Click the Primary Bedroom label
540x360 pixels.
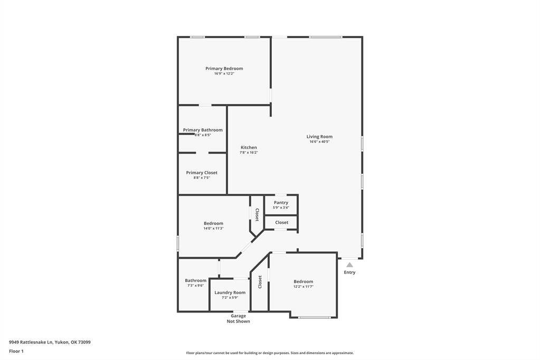pyautogui.click(x=224, y=69)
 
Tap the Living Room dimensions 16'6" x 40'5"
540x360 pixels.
pyautogui.click(x=319, y=141)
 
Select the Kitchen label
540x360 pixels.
pyautogui.click(x=249, y=147)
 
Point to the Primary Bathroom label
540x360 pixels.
pyautogui.click(x=203, y=130)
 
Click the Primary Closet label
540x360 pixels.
pyautogui.click(x=202, y=173)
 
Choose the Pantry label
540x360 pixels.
pyautogui.click(x=281, y=203)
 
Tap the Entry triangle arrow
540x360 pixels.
pyautogui.click(x=349, y=265)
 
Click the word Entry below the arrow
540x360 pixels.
pyautogui.click(x=349, y=272)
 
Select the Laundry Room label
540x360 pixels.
pyautogui.click(x=230, y=292)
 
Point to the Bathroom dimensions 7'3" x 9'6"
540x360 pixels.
pyautogui.click(x=195, y=286)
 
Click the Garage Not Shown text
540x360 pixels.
pyautogui.click(x=238, y=318)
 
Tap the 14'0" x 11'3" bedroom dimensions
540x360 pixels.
pyautogui.click(x=213, y=228)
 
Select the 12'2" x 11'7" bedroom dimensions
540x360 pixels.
pyautogui.click(x=304, y=287)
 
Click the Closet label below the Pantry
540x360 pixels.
pyautogui.click(x=282, y=222)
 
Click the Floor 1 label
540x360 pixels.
pyautogui.click(x=16, y=351)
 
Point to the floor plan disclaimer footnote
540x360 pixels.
pyautogui.click(x=270, y=353)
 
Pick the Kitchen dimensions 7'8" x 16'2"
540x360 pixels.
pyautogui.click(x=249, y=153)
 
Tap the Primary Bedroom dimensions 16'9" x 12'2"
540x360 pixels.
pyautogui.click(x=224, y=73)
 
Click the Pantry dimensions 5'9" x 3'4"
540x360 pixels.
pyautogui.click(x=281, y=207)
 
